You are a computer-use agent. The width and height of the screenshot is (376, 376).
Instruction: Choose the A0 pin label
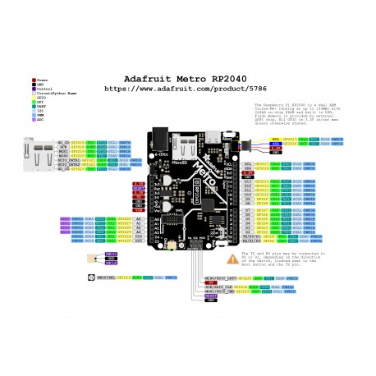[x=138, y=219]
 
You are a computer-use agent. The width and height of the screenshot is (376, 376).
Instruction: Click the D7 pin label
[x=248, y=210]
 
